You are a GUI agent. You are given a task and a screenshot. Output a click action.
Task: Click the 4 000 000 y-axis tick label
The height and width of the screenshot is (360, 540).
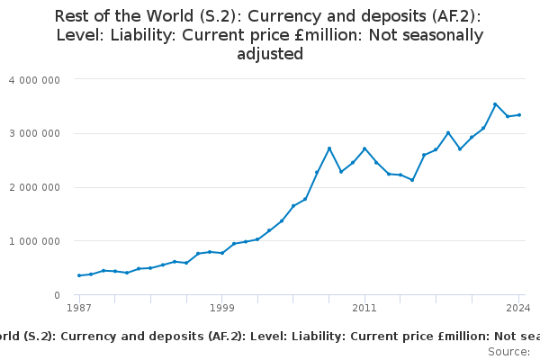pos(34,79)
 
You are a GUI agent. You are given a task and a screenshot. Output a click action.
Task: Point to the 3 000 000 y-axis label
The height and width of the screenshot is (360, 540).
pos(34,133)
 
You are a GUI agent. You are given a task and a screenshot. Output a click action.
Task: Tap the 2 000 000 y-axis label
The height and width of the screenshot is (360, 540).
pos(34,187)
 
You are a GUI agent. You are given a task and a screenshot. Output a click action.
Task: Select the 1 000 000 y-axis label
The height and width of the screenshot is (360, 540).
pos(34,241)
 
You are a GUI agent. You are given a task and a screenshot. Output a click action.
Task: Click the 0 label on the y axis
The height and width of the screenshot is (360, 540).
pos(56,295)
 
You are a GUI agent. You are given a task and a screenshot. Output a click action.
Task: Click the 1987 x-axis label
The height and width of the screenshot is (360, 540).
pos(79,308)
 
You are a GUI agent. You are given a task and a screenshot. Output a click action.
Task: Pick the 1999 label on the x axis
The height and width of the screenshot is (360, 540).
pos(221,308)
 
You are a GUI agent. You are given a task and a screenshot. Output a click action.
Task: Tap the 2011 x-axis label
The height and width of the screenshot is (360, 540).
pos(364,308)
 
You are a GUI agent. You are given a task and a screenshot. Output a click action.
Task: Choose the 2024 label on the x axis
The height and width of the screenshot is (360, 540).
pos(519,308)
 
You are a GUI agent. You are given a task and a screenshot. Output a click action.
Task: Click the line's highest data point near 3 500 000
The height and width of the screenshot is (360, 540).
pos(495,104)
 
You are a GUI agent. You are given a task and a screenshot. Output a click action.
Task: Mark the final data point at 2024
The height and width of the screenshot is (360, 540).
pos(519,114)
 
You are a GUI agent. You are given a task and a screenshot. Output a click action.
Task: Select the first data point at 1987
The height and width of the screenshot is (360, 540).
pos(79,275)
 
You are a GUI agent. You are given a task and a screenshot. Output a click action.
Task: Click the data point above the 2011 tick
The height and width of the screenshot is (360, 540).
pos(364,148)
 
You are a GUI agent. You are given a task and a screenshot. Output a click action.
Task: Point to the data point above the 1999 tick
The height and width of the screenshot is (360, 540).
pos(221,253)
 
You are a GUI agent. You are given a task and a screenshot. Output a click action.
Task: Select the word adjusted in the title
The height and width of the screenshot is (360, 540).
pos(270,54)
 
